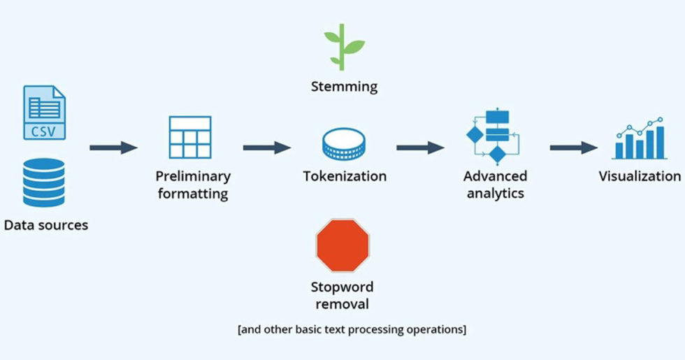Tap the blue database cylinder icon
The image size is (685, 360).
(x=44, y=182)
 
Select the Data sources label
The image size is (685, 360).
(x=46, y=225)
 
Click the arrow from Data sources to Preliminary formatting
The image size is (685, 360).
(x=113, y=147)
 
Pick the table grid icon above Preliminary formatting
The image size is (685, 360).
(x=189, y=137)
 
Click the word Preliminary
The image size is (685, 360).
(x=193, y=176)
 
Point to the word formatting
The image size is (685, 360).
(x=193, y=193)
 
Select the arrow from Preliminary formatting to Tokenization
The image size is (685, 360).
(x=266, y=147)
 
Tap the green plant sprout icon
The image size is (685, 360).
(x=344, y=47)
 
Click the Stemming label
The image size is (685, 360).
(x=344, y=87)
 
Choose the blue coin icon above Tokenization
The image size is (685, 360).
(x=344, y=143)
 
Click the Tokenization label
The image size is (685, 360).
(x=345, y=176)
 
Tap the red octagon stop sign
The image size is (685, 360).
(x=342, y=245)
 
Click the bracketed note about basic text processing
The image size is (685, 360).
(x=352, y=328)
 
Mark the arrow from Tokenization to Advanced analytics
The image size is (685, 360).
(x=420, y=147)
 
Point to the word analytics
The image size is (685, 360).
(x=496, y=193)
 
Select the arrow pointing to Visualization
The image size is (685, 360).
(x=573, y=147)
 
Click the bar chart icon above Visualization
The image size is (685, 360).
(x=639, y=138)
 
